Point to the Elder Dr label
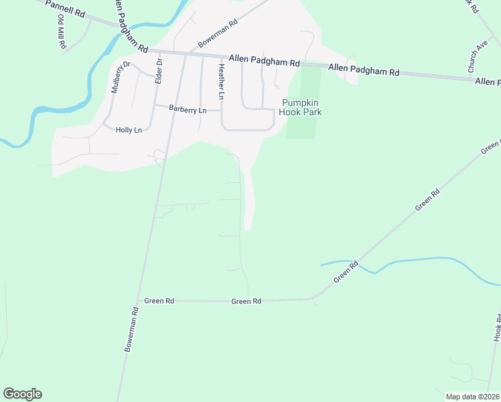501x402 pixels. [x=159, y=71]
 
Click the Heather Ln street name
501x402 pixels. [x=220, y=81]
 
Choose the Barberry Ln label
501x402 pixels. [x=187, y=109]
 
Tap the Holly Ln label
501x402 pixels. [x=129, y=130]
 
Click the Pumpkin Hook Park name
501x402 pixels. [x=301, y=107]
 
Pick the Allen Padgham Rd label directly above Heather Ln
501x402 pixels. [x=264, y=61]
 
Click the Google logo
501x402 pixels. [x=22, y=394]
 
